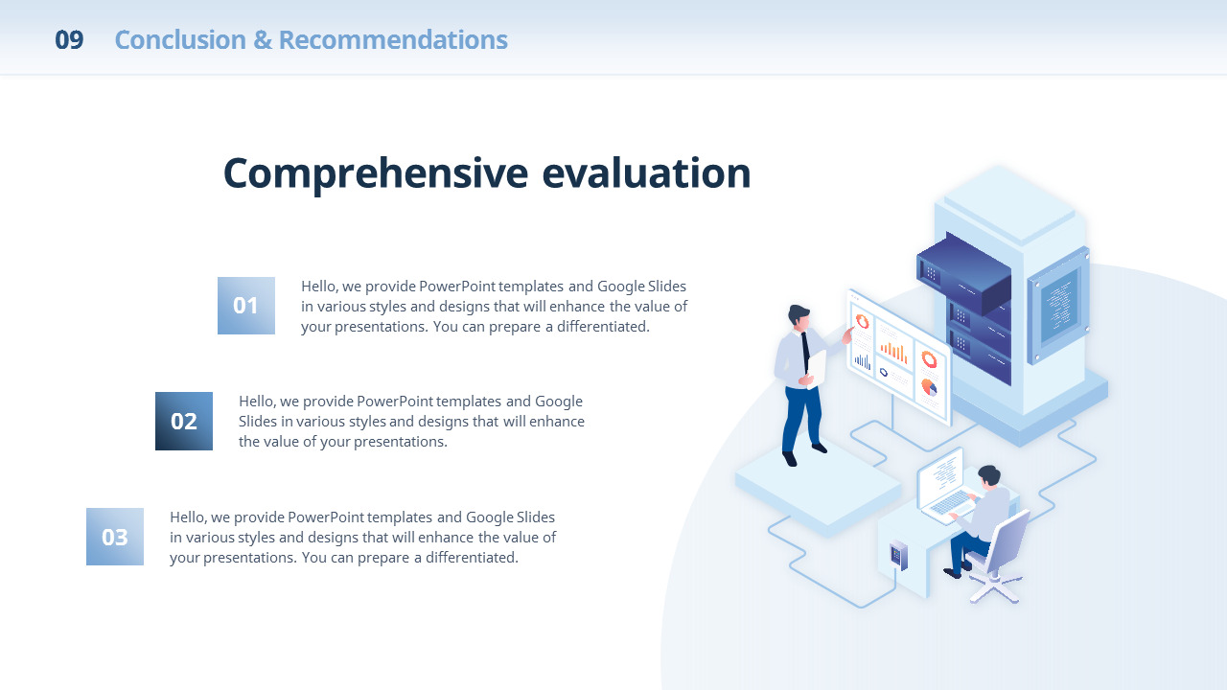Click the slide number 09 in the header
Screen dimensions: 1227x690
coord(69,40)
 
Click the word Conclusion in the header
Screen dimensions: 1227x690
coord(180,40)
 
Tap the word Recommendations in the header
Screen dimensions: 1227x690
coord(393,40)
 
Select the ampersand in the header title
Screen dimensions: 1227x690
coord(263,40)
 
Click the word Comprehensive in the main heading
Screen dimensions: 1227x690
coord(376,174)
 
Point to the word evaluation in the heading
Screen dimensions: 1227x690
coord(646,173)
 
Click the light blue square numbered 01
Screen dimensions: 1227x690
coord(246,306)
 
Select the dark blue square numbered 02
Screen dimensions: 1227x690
coord(183,421)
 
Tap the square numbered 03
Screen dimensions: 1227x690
coord(114,537)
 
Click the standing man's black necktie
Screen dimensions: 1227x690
coord(805,352)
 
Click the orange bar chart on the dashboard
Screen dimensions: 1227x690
coord(893,352)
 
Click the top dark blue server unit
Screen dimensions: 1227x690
coord(964,272)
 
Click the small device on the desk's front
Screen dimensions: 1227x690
coord(898,555)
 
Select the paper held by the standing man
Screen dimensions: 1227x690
coord(816,369)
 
